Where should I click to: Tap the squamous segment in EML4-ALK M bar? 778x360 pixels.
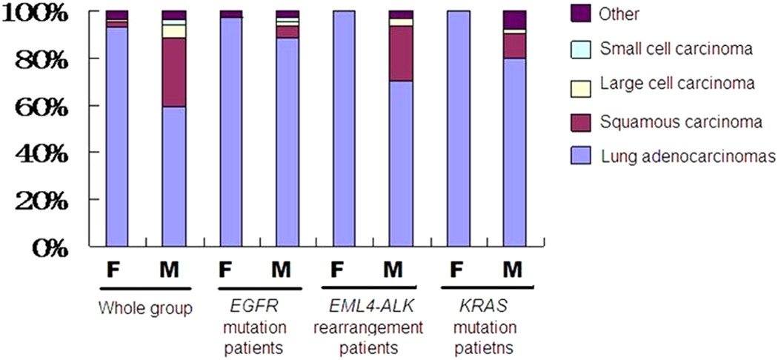(401, 53)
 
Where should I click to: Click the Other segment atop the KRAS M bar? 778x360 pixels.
(514, 20)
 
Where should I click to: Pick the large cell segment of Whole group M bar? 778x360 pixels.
(174, 31)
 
